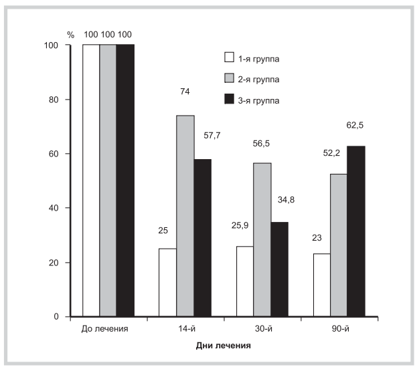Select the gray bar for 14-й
[185, 216]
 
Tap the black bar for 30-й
[279, 269]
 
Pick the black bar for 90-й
[355, 231]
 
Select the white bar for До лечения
[91, 180]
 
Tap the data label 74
[185, 92]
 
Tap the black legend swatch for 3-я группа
[228, 100]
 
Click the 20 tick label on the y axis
[58, 262]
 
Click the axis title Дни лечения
[224, 346]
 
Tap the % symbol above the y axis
[70, 33]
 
